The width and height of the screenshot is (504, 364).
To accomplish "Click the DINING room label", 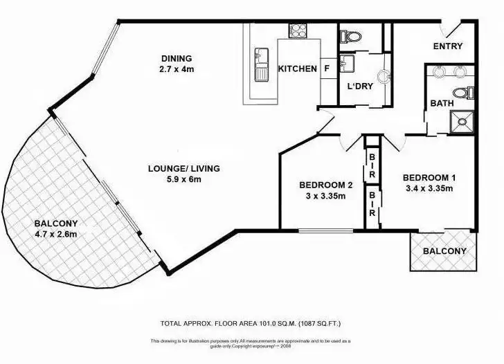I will click(x=177, y=59).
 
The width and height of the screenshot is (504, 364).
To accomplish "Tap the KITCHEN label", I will click(x=297, y=69).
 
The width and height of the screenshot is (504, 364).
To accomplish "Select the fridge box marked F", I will click(x=326, y=69).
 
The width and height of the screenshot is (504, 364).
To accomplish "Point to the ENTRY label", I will click(x=447, y=46).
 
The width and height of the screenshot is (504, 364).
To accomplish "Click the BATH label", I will click(x=441, y=103).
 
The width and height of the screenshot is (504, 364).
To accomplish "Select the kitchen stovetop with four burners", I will click(x=298, y=30).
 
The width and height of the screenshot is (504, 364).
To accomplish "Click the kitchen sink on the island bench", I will click(x=262, y=64).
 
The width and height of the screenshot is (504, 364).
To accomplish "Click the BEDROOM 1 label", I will click(x=428, y=177).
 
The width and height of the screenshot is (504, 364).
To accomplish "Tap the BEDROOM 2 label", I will click(x=325, y=185).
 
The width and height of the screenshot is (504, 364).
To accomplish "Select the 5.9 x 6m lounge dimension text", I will click(x=183, y=179).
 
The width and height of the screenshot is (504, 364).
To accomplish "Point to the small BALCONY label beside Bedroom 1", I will click(x=444, y=251).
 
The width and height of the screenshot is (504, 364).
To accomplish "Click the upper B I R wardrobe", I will click(x=372, y=166).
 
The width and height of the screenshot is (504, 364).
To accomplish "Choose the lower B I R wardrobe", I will click(x=372, y=205).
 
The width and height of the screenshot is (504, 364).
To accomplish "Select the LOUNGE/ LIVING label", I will click(x=183, y=168).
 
